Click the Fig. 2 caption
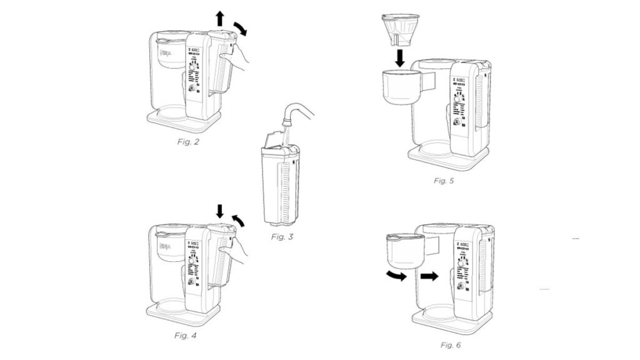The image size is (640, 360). pos(187,142)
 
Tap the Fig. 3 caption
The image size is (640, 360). pos(282,237)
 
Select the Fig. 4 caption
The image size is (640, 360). pos(187,336)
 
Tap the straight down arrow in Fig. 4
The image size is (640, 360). pos(219,212)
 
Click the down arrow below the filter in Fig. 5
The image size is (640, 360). pos(401,57)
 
